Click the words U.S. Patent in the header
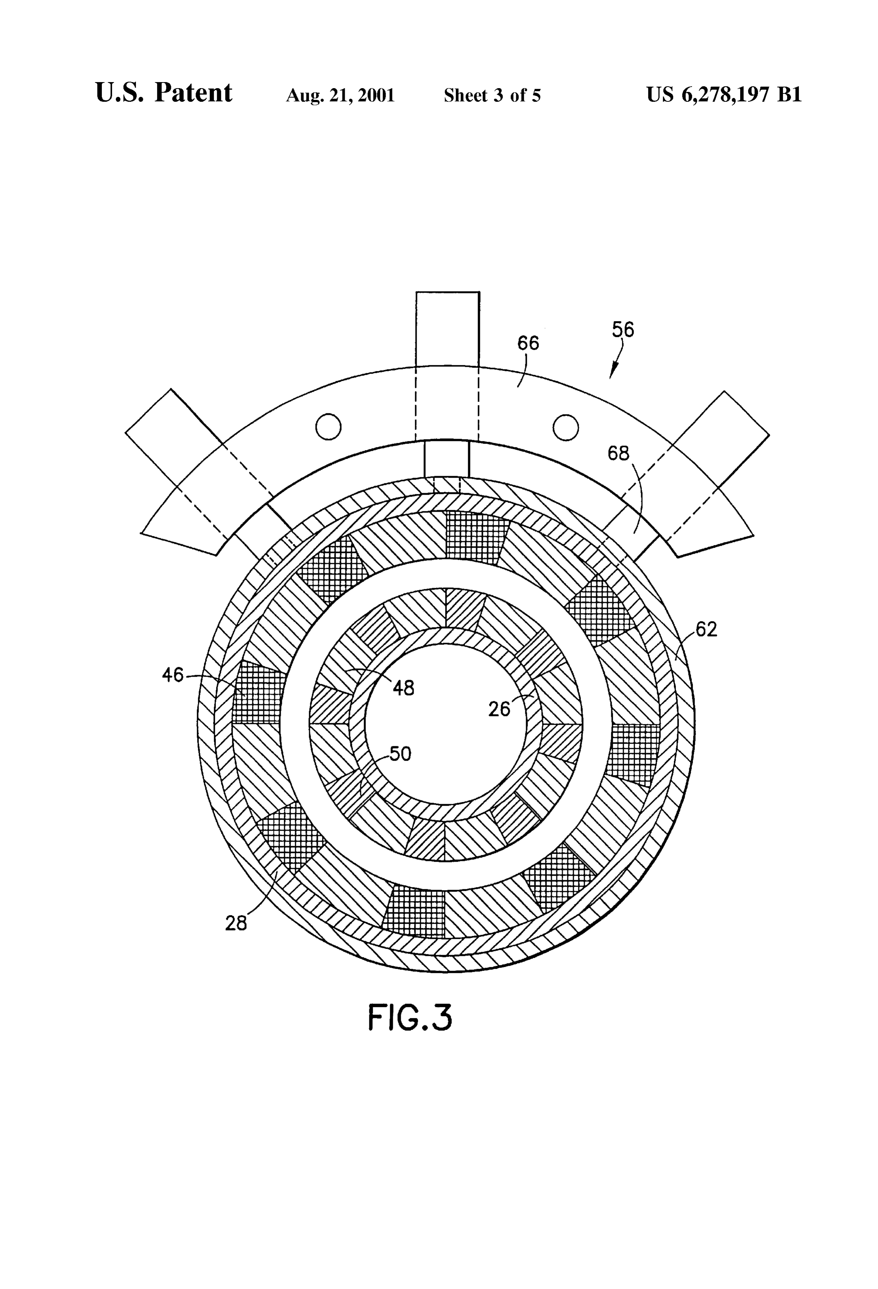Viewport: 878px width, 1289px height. pos(164,93)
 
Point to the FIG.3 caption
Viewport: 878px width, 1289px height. pos(410,1017)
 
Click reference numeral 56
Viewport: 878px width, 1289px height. pos(623,330)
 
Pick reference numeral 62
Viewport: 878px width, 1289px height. pos(706,629)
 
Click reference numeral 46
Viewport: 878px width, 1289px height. pos(173,675)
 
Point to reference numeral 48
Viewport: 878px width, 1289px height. pos(403,688)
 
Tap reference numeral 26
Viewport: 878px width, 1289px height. pos(499,709)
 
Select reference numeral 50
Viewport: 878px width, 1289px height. pos(400,754)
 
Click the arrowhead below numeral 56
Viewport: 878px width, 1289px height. pos(613,372)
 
